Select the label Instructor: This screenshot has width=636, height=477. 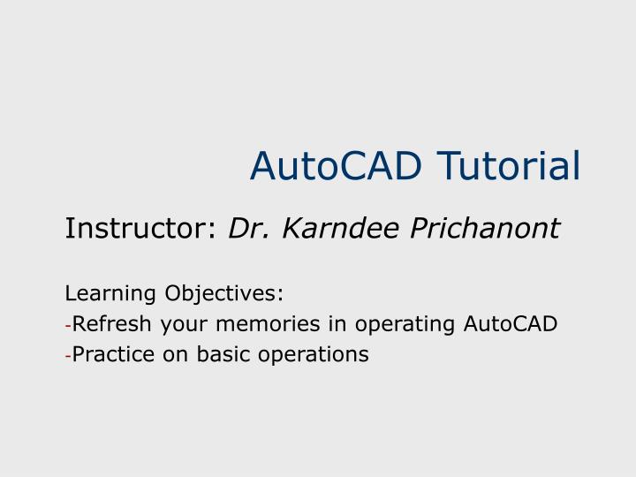click(x=140, y=229)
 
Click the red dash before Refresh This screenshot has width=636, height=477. click(x=68, y=325)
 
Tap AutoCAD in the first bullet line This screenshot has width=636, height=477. click(x=511, y=324)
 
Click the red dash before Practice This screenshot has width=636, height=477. click(x=68, y=356)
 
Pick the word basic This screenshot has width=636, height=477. click(x=221, y=355)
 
